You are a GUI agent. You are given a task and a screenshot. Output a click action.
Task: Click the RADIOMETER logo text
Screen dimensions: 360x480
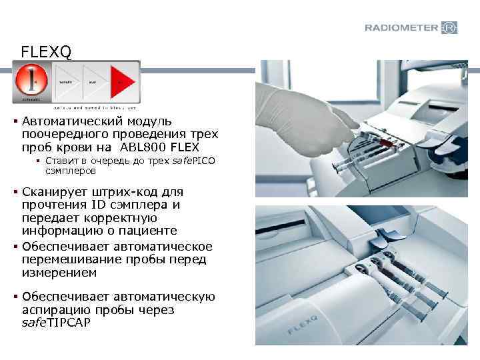[x=401, y=28]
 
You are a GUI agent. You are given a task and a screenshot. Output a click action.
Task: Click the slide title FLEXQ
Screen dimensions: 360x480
[x=43, y=51]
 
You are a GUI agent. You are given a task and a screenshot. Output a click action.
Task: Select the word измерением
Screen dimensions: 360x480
[x=59, y=273]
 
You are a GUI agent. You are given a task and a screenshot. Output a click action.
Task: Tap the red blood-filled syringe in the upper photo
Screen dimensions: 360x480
[x=387, y=142]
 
